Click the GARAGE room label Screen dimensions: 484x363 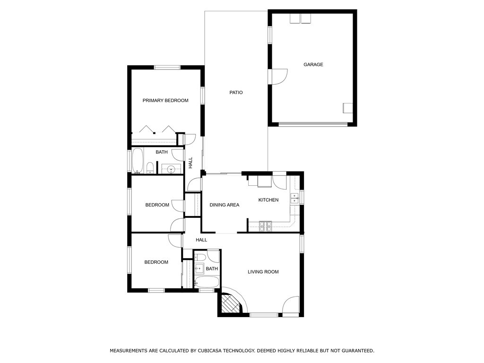tap(313, 64)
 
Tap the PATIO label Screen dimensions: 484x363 tap(236, 92)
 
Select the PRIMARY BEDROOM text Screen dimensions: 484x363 tap(165, 100)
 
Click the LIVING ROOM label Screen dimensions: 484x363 tap(263, 272)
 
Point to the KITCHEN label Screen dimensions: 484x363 tap(268, 200)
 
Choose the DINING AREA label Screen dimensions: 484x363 tap(225, 205)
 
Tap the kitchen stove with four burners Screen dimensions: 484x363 tap(265, 226)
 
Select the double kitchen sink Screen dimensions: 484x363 tap(294, 198)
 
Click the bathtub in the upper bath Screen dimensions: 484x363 tap(137, 161)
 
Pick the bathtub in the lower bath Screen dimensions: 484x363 tap(207, 282)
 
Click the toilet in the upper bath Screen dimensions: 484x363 tap(150, 168)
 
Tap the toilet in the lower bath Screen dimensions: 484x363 tap(200, 257)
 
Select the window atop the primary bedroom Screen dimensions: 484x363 tap(167, 67)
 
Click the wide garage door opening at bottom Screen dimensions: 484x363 tap(313, 124)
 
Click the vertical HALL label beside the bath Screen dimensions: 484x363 tap(190, 163)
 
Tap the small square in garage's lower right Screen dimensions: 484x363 tap(348, 108)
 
